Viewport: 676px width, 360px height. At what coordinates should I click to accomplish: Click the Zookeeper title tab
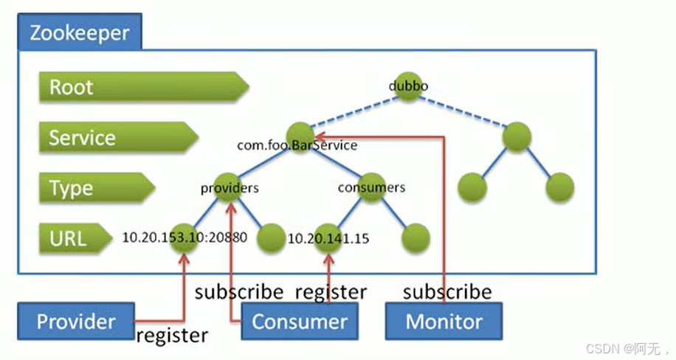pyautogui.click(x=80, y=32)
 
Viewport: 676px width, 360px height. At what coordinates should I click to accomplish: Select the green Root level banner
pyautogui.click(x=144, y=86)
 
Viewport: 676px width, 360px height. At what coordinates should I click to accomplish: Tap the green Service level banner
pyautogui.click(x=119, y=137)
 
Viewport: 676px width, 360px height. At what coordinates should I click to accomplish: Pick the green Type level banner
pyautogui.click(x=97, y=187)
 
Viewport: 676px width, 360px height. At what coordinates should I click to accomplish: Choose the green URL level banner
pyautogui.click(x=75, y=238)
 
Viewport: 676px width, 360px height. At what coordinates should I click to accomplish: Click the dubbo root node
pyautogui.click(x=408, y=86)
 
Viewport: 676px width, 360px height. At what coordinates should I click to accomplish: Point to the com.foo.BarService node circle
pyautogui.click(x=300, y=136)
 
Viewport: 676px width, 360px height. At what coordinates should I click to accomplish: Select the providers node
pyautogui.click(x=228, y=187)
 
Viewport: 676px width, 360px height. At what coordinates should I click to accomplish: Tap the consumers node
pyautogui.click(x=372, y=187)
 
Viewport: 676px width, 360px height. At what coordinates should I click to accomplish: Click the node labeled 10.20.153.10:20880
pyautogui.click(x=184, y=238)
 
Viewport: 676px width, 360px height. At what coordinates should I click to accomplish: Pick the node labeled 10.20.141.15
pyautogui.click(x=328, y=238)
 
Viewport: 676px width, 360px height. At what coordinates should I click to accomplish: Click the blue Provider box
pyautogui.click(x=76, y=321)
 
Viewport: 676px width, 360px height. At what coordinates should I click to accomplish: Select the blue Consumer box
pyautogui.click(x=300, y=321)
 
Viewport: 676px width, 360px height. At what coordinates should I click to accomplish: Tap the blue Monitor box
pyautogui.click(x=444, y=321)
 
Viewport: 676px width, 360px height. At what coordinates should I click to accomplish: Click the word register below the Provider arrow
pyautogui.click(x=172, y=336)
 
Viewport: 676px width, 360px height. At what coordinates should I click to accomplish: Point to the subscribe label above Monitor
pyautogui.click(x=447, y=292)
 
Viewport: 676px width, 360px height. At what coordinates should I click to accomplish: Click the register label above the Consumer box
pyautogui.click(x=331, y=292)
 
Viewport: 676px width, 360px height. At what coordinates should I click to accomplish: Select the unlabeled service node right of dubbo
pyautogui.click(x=517, y=136)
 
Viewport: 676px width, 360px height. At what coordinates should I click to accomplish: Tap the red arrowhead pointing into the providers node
pyautogui.click(x=232, y=207)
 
